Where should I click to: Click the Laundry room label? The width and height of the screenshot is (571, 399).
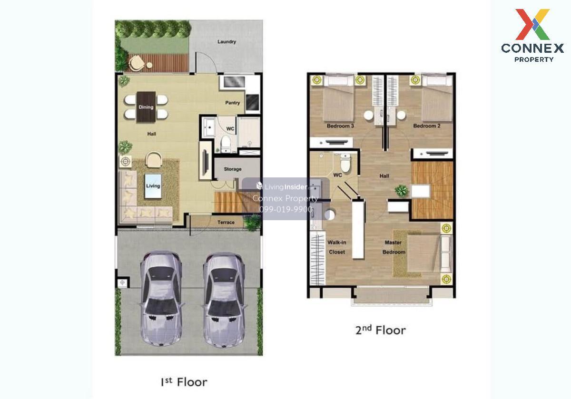[x=226, y=41]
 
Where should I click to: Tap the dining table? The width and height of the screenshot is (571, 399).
[x=146, y=107]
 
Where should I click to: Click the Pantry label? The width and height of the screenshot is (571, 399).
[x=233, y=103]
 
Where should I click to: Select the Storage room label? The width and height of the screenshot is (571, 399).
[x=233, y=169]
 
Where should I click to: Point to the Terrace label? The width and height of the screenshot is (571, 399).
[x=226, y=222]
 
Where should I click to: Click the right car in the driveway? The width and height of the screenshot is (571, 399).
[x=224, y=300]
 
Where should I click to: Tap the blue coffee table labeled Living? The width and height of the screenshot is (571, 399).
[x=153, y=186]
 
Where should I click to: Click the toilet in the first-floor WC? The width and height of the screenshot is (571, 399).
[x=226, y=144]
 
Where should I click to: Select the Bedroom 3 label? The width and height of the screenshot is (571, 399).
[x=340, y=126]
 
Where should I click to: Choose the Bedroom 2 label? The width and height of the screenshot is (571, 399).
[x=427, y=126]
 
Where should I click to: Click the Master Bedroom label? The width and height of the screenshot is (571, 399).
[x=394, y=247]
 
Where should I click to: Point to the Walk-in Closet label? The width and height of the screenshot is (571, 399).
[x=337, y=247]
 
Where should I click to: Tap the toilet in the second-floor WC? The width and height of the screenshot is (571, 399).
[x=345, y=163]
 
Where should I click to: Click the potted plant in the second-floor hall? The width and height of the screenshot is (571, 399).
[x=402, y=191]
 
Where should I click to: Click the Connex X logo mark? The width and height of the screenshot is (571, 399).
[x=532, y=24]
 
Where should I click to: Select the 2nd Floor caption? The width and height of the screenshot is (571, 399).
[x=380, y=330]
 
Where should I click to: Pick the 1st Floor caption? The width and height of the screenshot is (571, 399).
[x=184, y=382]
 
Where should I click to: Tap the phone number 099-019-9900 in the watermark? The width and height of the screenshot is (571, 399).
[x=286, y=209]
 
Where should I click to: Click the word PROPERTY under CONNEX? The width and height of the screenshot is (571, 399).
[x=534, y=59]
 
